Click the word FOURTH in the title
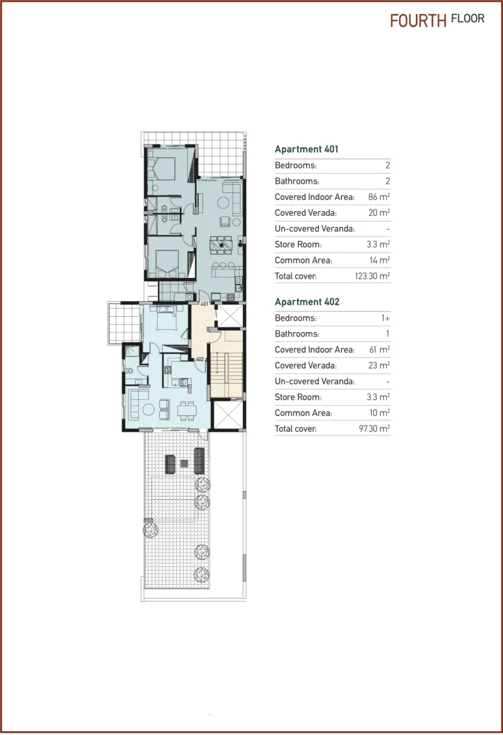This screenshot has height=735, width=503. [417, 20]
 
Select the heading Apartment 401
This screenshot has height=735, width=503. [307, 149]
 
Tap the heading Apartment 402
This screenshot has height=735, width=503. [307, 302]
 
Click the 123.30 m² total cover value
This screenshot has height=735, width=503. [372, 277]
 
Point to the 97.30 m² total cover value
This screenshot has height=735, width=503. [374, 429]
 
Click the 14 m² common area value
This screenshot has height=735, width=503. [380, 260]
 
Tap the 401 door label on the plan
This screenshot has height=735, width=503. [204, 304]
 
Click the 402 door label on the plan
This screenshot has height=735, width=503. [200, 359]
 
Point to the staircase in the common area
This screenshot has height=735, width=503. [225, 374]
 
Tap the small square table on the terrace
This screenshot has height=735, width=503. [183, 464]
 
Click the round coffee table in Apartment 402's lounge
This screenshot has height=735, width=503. [148, 410]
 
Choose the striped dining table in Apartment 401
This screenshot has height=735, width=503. [221, 245]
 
